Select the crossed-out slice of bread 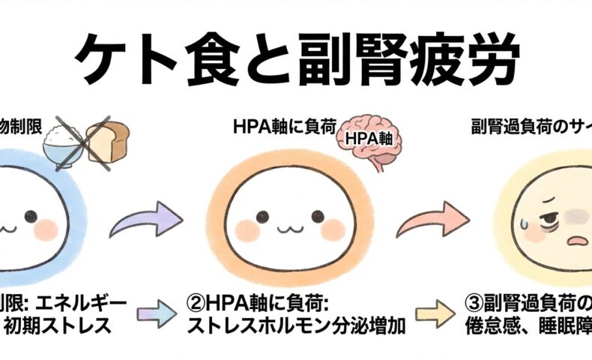coord(107,140)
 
